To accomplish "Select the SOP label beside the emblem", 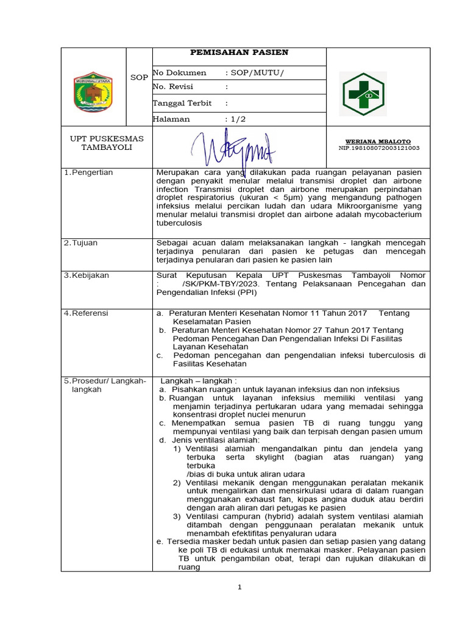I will point(139,77).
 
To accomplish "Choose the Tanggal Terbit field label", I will point(182,104).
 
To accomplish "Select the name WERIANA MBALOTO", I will point(378,141).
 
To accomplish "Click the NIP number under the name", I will point(378,148).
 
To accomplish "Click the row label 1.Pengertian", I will point(89,173).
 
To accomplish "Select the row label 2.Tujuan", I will point(82,243).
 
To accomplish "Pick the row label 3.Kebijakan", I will point(87,275).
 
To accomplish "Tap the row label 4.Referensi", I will point(87,313).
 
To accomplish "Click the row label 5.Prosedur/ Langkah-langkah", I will point(105,385).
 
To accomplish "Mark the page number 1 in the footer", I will point(240,587).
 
